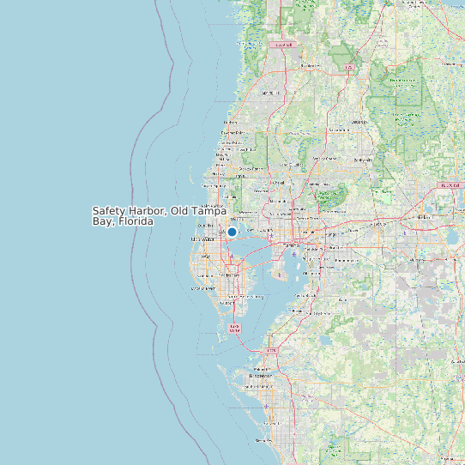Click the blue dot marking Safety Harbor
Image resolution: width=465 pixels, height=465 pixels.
coord(232,232)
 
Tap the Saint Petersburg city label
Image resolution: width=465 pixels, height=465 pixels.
coord(230,296)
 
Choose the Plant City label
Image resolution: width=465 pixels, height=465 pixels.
coord(378,225)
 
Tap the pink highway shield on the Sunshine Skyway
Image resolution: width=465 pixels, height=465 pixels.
coord(235,327)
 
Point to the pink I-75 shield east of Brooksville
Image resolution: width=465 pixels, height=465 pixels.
coord(348,66)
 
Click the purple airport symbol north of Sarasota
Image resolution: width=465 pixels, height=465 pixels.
coord(267,404)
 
